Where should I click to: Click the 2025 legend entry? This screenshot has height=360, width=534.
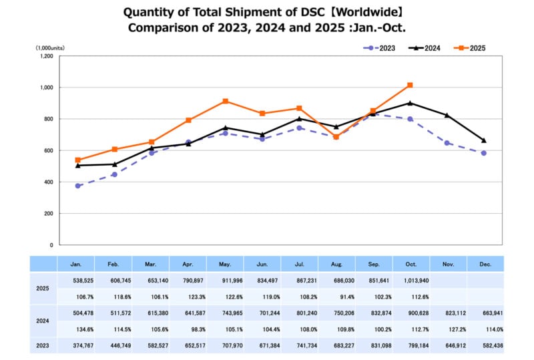pyautogui.click(x=471, y=48)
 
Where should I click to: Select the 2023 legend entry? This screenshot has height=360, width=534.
pyautogui.click(x=382, y=48)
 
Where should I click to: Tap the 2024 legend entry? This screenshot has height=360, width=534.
pyautogui.click(x=427, y=48)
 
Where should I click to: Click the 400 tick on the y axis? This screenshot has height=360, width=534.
pyautogui.click(x=48, y=182)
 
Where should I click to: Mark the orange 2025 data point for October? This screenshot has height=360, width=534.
pyautogui.click(x=410, y=85)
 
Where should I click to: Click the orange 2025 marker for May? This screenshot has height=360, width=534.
pyautogui.click(x=226, y=101)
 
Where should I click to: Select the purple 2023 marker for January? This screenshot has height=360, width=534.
pyautogui.click(x=78, y=186)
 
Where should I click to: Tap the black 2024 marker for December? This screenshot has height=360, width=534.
pyautogui.click(x=483, y=140)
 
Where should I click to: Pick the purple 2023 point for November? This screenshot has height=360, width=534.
pyautogui.click(x=447, y=143)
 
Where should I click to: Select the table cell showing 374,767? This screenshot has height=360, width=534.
pyautogui.click(x=77, y=346)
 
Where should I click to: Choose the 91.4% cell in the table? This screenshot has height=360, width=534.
pyautogui.click(x=336, y=297)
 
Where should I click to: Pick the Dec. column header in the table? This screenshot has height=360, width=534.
pyautogui.click(x=485, y=264)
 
